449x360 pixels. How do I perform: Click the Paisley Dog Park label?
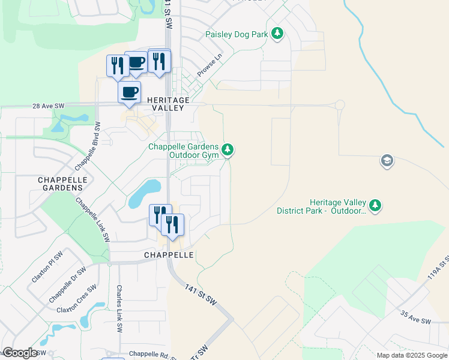tap(237, 35)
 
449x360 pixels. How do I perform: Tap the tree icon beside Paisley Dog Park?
tap(277, 34)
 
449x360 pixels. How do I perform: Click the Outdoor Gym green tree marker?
tap(228, 149)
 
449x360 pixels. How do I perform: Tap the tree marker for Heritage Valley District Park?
tap(375, 205)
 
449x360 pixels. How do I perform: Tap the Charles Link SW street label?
tap(119, 309)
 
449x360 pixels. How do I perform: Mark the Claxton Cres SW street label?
tap(76, 298)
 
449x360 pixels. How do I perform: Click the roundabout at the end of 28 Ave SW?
tap(340, 104)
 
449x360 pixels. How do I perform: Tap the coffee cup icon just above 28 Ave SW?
tap(129, 92)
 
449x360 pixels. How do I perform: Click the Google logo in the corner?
tap(20, 353)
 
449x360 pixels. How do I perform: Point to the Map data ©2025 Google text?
tap(412, 355)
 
